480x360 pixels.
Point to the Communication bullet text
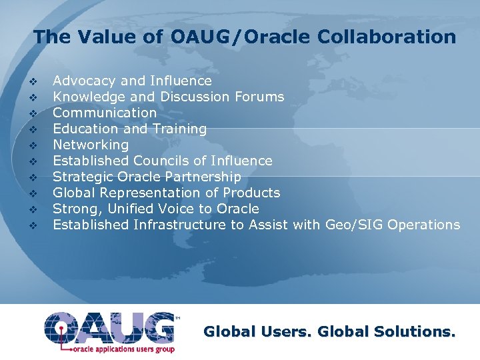tap(105, 113)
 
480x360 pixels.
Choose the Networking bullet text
tap(91, 145)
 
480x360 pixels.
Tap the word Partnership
tap(204, 177)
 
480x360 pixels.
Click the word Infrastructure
tap(180, 225)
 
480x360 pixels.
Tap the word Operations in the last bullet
tap(423, 225)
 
